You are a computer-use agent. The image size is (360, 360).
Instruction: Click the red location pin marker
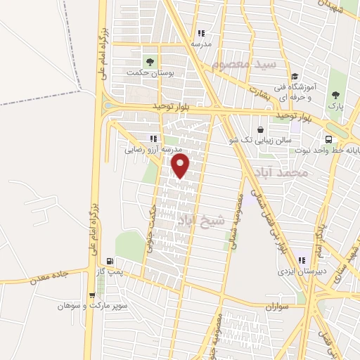[181, 165]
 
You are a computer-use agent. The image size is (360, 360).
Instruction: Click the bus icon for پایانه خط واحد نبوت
[328, 139]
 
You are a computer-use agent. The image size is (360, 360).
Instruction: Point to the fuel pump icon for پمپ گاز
[108, 260]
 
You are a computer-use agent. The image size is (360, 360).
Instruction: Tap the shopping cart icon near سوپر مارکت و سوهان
[93, 295]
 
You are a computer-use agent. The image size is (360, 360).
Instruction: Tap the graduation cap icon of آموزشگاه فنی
[296, 77]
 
